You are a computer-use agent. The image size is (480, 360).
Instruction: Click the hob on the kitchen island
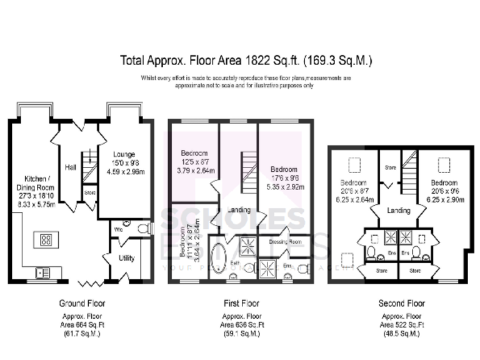pyautogui.click(x=46, y=239)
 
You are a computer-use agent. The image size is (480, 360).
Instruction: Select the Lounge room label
pyautogui.click(x=124, y=154)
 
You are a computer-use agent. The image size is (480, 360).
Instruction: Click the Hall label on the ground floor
pyautogui.click(x=70, y=167)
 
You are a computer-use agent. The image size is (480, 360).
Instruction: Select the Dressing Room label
pyautogui.click(x=286, y=241)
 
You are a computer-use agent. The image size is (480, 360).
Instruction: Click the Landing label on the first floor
pyautogui.click(x=241, y=210)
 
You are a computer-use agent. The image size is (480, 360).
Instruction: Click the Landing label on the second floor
pyautogui.click(x=398, y=211)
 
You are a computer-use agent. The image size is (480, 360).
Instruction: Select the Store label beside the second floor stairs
pyautogui.click(x=391, y=167)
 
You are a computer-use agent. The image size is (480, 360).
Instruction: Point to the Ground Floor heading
pyautogui.click(x=82, y=303)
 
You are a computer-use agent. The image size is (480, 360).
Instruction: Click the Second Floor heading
pyautogui.click(x=401, y=303)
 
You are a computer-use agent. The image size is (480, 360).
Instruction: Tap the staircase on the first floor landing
pyautogui.click(x=241, y=171)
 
